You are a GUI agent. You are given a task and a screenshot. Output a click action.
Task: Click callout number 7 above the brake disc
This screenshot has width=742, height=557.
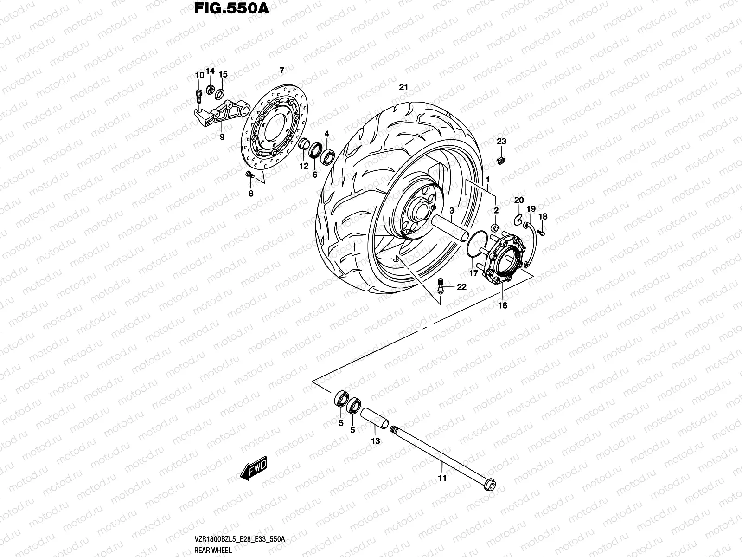pyautogui.click(x=281, y=71)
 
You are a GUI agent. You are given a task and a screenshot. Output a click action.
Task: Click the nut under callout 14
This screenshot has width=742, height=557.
pyautogui.click(x=210, y=89)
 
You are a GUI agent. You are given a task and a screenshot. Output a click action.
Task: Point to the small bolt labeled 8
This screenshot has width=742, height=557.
pyautogui.click(x=249, y=174)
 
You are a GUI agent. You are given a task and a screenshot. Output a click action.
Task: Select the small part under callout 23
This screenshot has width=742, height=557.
pyautogui.click(x=501, y=160)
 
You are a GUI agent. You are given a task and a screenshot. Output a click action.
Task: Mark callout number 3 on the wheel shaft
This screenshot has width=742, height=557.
pyautogui.click(x=451, y=210)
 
